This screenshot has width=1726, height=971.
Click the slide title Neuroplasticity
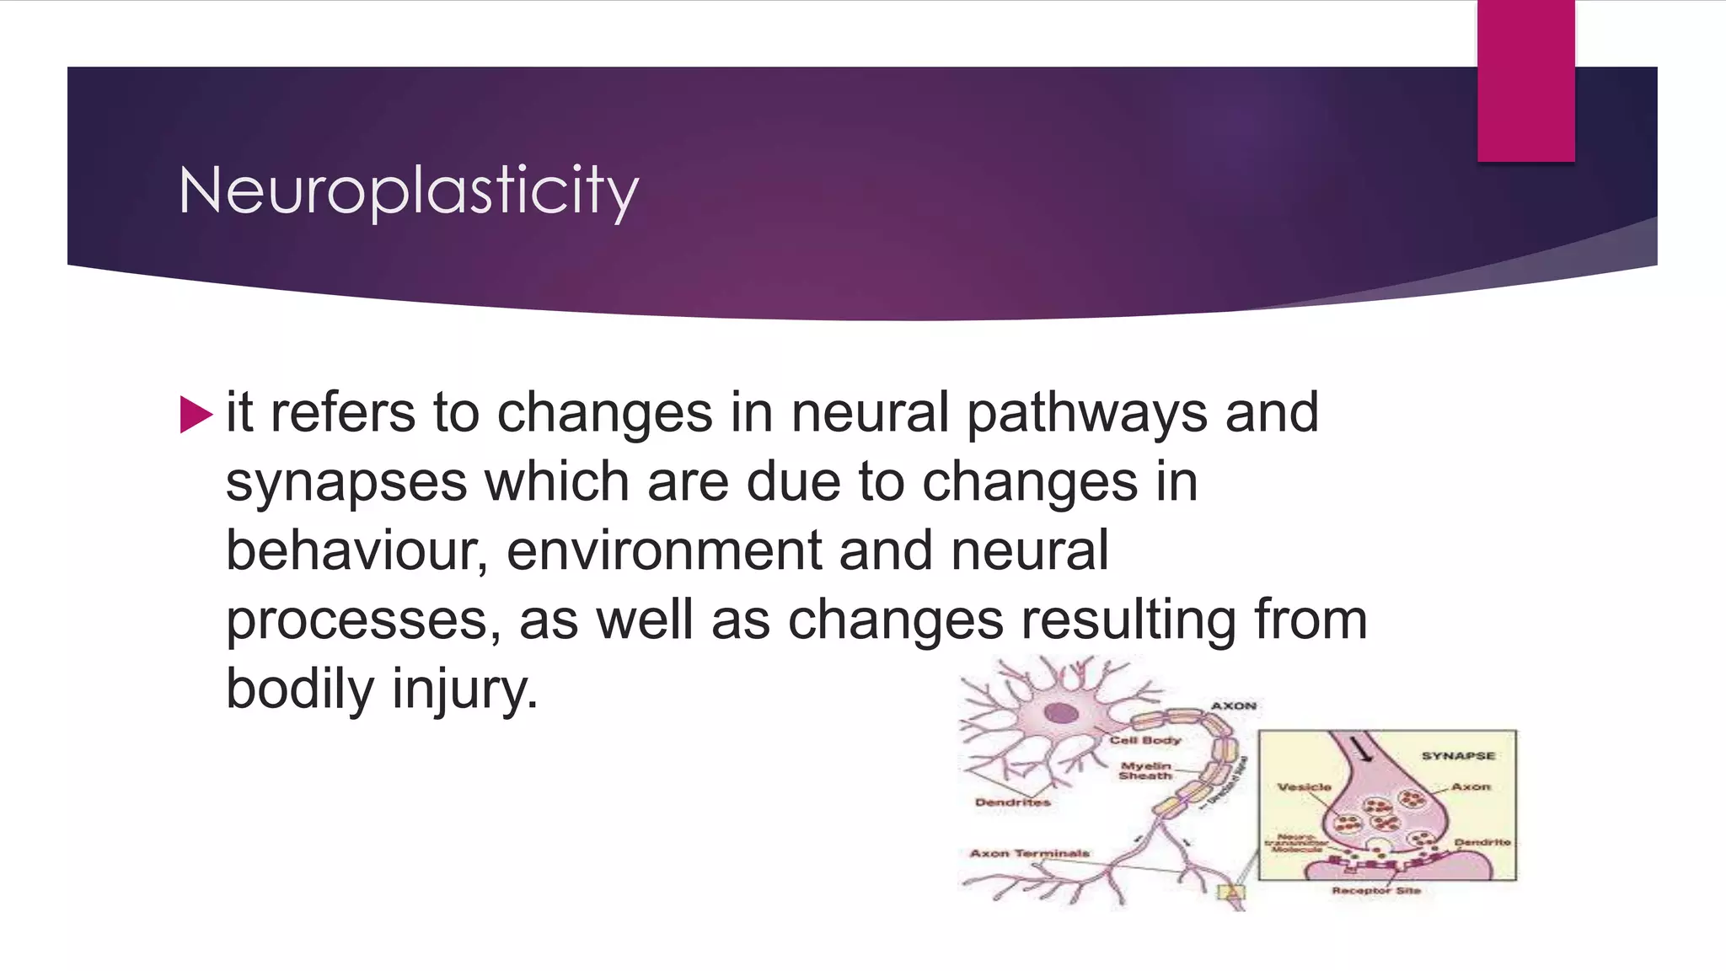tap(409, 190)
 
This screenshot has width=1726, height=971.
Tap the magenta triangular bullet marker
tap(196, 415)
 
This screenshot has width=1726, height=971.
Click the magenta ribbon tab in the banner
tap(1525, 81)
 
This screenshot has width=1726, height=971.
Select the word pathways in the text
tap(1086, 413)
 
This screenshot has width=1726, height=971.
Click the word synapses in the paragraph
tap(346, 482)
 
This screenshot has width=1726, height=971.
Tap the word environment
tap(664, 550)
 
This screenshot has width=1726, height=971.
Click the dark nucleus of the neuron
tap(1060, 713)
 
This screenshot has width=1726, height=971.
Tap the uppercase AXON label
tap(1234, 705)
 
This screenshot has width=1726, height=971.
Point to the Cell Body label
tap(1144, 740)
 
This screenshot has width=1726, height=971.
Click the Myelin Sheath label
tap(1145, 770)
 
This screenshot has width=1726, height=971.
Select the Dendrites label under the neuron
tap(1012, 802)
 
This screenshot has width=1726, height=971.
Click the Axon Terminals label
tap(1029, 853)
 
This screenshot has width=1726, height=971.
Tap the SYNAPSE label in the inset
tap(1458, 755)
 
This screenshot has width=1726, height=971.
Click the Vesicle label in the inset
tap(1304, 786)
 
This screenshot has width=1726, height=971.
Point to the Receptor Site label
tap(1375, 890)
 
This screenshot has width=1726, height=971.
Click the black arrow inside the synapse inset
tap(1361, 748)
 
